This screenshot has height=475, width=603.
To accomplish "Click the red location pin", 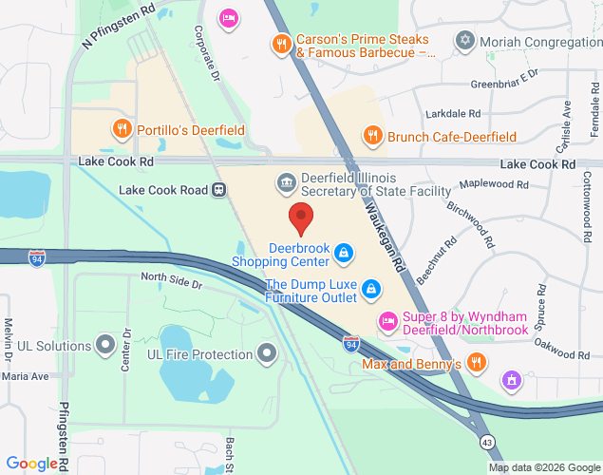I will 301,218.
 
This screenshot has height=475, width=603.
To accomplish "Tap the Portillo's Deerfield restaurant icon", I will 121,129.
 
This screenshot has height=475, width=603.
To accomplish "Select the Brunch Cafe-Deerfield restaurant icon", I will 372,135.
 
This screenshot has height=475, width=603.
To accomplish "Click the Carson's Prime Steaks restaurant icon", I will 280,44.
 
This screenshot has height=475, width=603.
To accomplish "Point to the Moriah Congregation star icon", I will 464,41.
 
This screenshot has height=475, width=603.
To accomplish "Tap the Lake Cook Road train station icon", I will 218,189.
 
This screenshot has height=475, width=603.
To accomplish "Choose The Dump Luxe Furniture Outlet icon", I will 372,288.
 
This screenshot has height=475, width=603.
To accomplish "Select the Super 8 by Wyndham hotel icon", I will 386,319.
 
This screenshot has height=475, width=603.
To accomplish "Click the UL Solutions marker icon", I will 105,345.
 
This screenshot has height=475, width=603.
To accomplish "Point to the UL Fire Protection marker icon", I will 268,354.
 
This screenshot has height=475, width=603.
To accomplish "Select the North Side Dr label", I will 171,283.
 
